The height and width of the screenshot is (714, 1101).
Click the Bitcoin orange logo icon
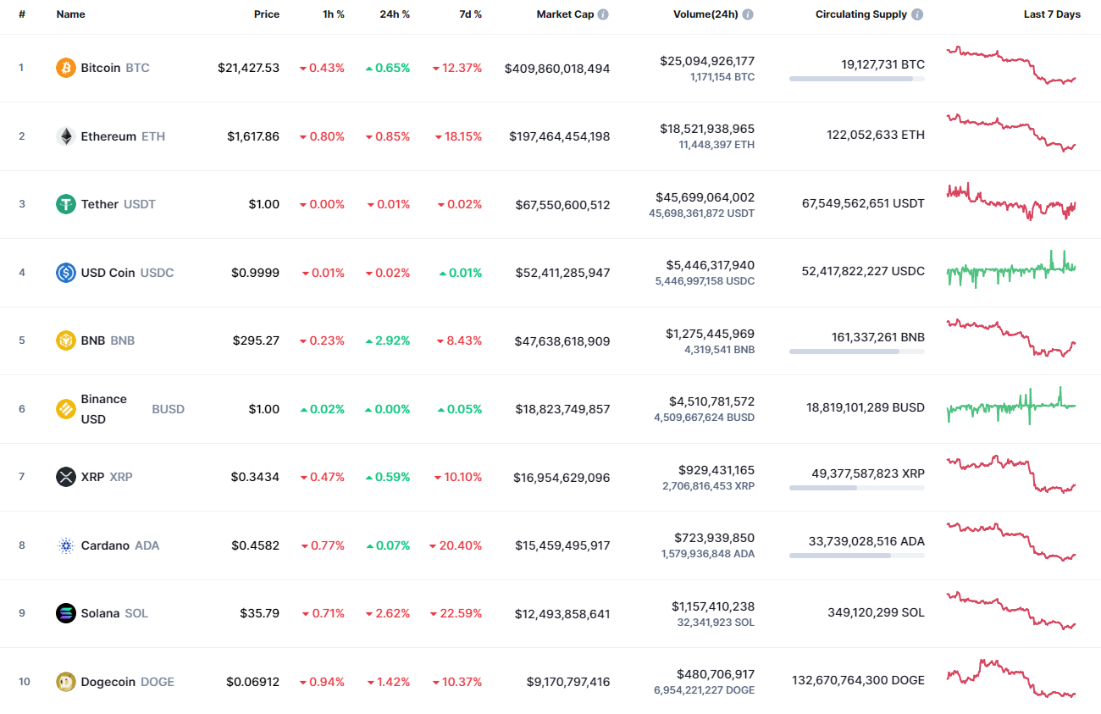pyautogui.click(x=66, y=68)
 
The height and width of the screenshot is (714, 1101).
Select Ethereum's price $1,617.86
pyautogui.click(x=252, y=136)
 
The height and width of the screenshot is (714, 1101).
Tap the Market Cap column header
pyautogui.click(x=565, y=14)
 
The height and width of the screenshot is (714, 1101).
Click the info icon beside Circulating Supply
pyautogui.click(x=917, y=14)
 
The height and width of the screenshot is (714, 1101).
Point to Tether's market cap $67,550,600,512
pyautogui.click(x=562, y=205)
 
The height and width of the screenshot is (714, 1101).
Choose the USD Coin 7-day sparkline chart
pyautogui.click(x=1011, y=270)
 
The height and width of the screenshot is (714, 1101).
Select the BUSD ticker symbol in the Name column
pyautogui.click(x=168, y=409)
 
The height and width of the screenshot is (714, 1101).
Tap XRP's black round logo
pyautogui.click(x=66, y=477)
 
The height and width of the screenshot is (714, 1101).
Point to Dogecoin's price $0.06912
pyautogui.click(x=252, y=682)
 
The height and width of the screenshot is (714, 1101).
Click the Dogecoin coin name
pyautogui.click(x=108, y=682)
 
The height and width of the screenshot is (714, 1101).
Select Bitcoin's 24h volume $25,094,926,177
pyautogui.click(x=707, y=61)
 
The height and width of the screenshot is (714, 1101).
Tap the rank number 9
pyautogui.click(x=22, y=613)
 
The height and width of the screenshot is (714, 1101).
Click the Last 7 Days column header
pyautogui.click(x=1052, y=14)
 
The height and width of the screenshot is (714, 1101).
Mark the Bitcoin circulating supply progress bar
pyautogui.click(x=856, y=79)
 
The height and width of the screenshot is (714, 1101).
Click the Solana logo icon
pyautogui.click(x=66, y=613)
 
